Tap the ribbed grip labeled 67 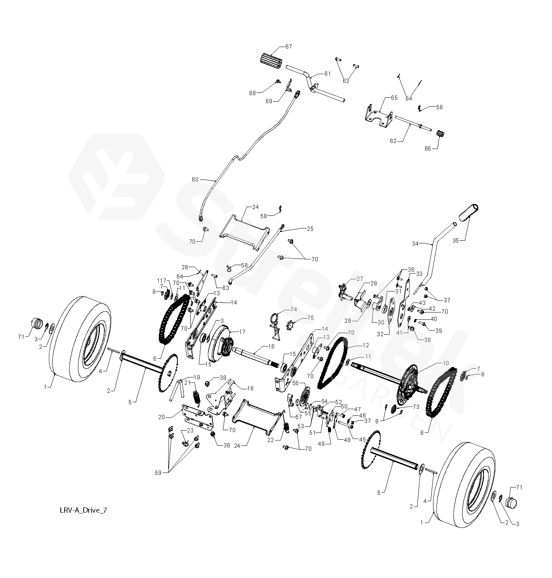tap(270, 61)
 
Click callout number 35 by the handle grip tap(455, 240)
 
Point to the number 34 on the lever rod tap(416, 243)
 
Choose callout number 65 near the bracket tap(394, 97)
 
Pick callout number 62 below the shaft tap(393, 141)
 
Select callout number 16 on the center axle tap(271, 346)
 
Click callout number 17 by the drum tap(242, 332)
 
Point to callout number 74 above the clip tap(294, 309)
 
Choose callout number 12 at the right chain tap(366, 345)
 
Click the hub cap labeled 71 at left tap(37, 325)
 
